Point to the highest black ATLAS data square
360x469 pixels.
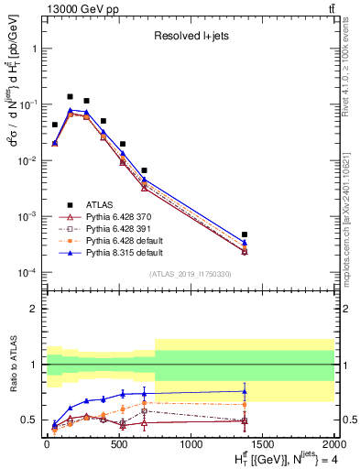tap(70, 96)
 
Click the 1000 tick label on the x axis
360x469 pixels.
tap(191, 445)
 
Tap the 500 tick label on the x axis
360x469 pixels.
tap(118, 445)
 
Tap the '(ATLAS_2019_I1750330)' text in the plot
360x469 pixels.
tap(191, 274)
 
